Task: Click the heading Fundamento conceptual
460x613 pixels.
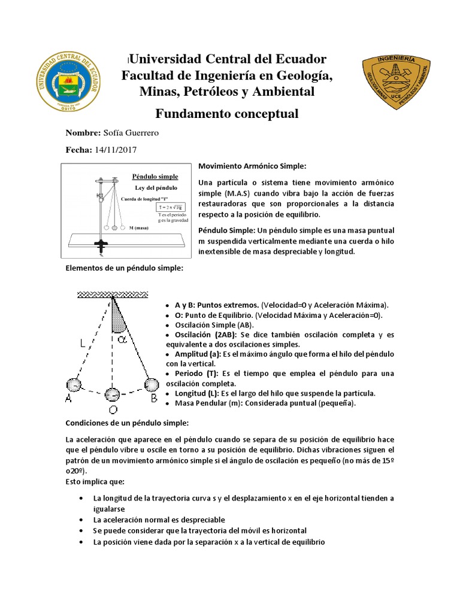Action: coord(226,114)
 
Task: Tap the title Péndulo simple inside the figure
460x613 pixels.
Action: coord(155,177)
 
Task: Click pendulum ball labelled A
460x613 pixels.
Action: coord(73,384)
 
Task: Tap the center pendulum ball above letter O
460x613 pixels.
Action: coord(113,394)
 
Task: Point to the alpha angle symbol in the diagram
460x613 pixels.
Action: coord(138,339)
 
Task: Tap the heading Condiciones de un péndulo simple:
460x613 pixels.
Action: coord(126,423)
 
